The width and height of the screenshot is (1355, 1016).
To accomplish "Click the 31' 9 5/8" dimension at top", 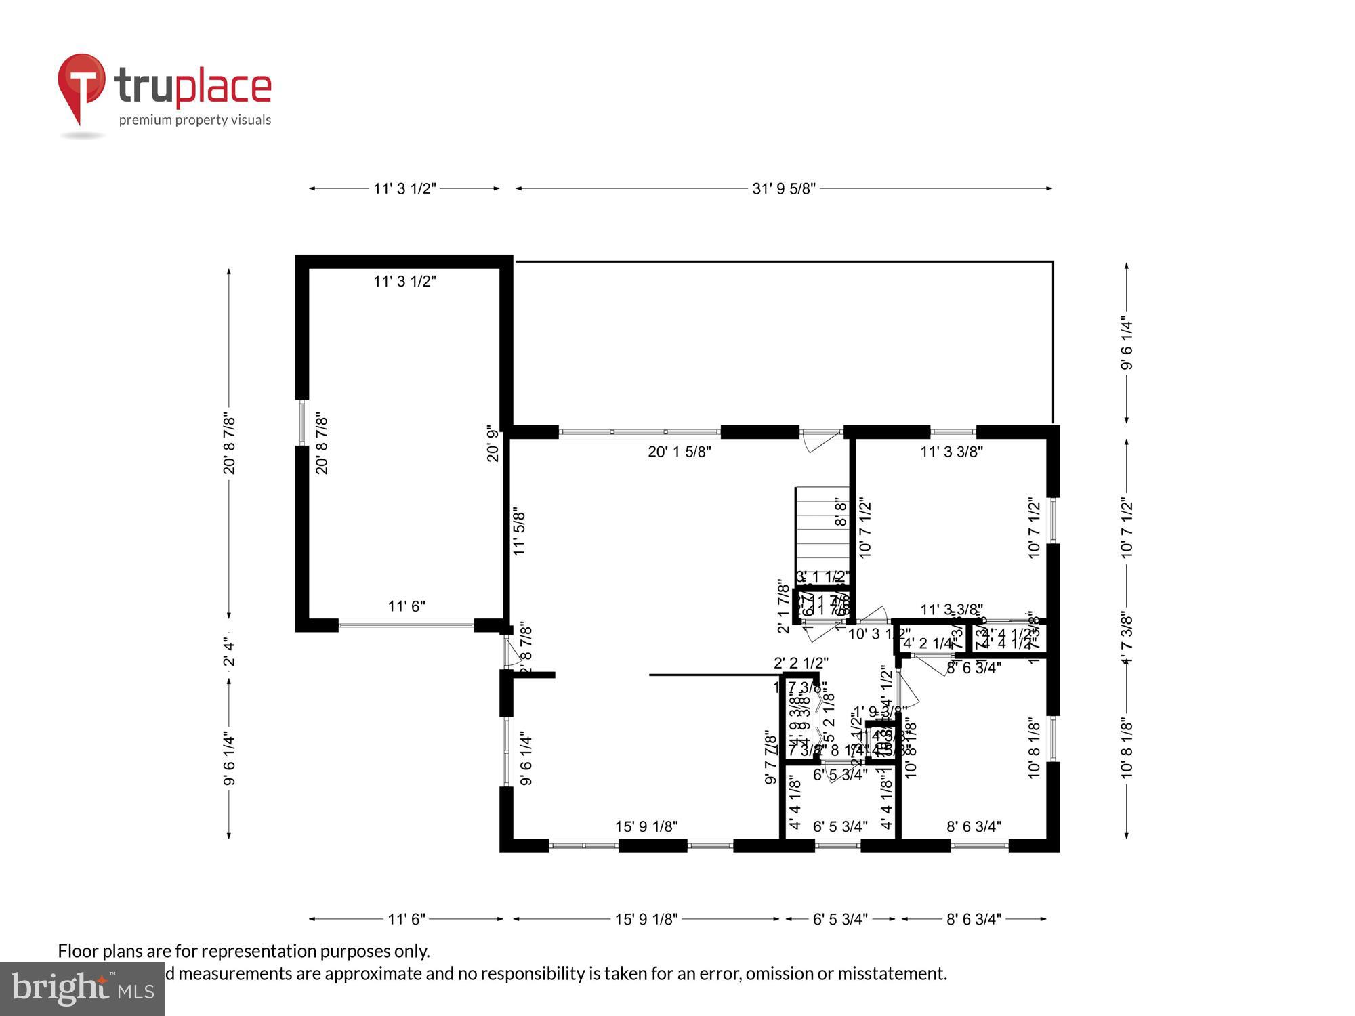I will tap(783, 189).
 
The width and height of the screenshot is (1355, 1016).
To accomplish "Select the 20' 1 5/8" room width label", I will tap(680, 452).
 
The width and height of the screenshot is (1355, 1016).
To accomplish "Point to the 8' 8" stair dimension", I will tap(841, 513).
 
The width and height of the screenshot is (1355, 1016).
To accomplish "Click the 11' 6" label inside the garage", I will tap(406, 606).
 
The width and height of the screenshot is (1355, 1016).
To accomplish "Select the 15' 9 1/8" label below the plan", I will tap(646, 919).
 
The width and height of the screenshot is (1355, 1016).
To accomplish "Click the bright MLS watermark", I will tap(83, 989).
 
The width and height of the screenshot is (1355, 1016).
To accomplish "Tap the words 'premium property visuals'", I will tap(195, 120).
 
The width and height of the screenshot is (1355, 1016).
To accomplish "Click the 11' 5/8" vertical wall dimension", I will tap(520, 532).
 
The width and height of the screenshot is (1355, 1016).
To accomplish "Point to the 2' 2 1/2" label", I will tap(801, 663).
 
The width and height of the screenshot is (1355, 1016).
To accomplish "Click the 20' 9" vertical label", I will tap(493, 444).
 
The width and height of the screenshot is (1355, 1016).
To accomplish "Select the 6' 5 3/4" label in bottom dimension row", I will tap(840, 919).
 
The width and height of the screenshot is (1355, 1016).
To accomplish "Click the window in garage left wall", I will tap(302, 423).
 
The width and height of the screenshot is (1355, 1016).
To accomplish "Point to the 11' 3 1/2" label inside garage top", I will tap(404, 281).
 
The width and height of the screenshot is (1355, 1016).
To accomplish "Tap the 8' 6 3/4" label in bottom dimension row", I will tap(974, 919).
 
